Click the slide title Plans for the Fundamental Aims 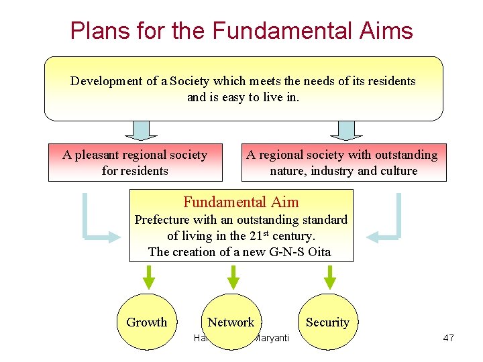tap(241, 30)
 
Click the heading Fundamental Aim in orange tap(241, 202)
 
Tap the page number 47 tap(448, 338)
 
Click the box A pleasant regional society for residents tap(135, 163)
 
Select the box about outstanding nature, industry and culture tap(343, 163)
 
